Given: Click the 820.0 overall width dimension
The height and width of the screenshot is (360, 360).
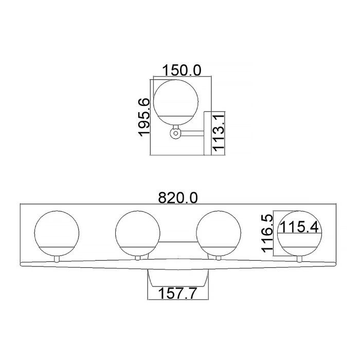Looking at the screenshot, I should point(178,197).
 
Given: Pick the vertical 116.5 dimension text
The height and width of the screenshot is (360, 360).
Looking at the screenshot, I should point(267,233).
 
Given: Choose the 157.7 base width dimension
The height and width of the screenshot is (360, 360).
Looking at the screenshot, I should point(178,293).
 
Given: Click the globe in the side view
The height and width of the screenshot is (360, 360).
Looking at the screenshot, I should point(175,100).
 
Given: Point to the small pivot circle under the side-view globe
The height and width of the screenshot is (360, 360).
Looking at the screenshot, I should point(175,134).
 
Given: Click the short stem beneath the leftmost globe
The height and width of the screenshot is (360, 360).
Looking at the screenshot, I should point(57,258).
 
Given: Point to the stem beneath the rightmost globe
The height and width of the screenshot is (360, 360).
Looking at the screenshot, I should point(300,258).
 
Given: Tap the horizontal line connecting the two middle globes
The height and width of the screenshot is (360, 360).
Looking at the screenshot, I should point(178,242).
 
